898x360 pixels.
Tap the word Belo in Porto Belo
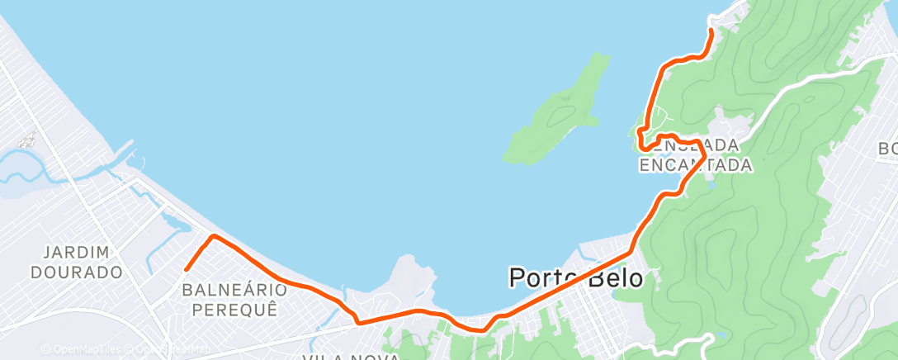(614, 278)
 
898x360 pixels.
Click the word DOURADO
(76, 272)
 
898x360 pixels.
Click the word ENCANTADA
(696, 165)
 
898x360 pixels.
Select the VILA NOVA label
(351, 357)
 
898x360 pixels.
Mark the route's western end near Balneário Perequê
(187, 268)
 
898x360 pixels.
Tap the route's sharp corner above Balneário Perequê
(215, 237)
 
